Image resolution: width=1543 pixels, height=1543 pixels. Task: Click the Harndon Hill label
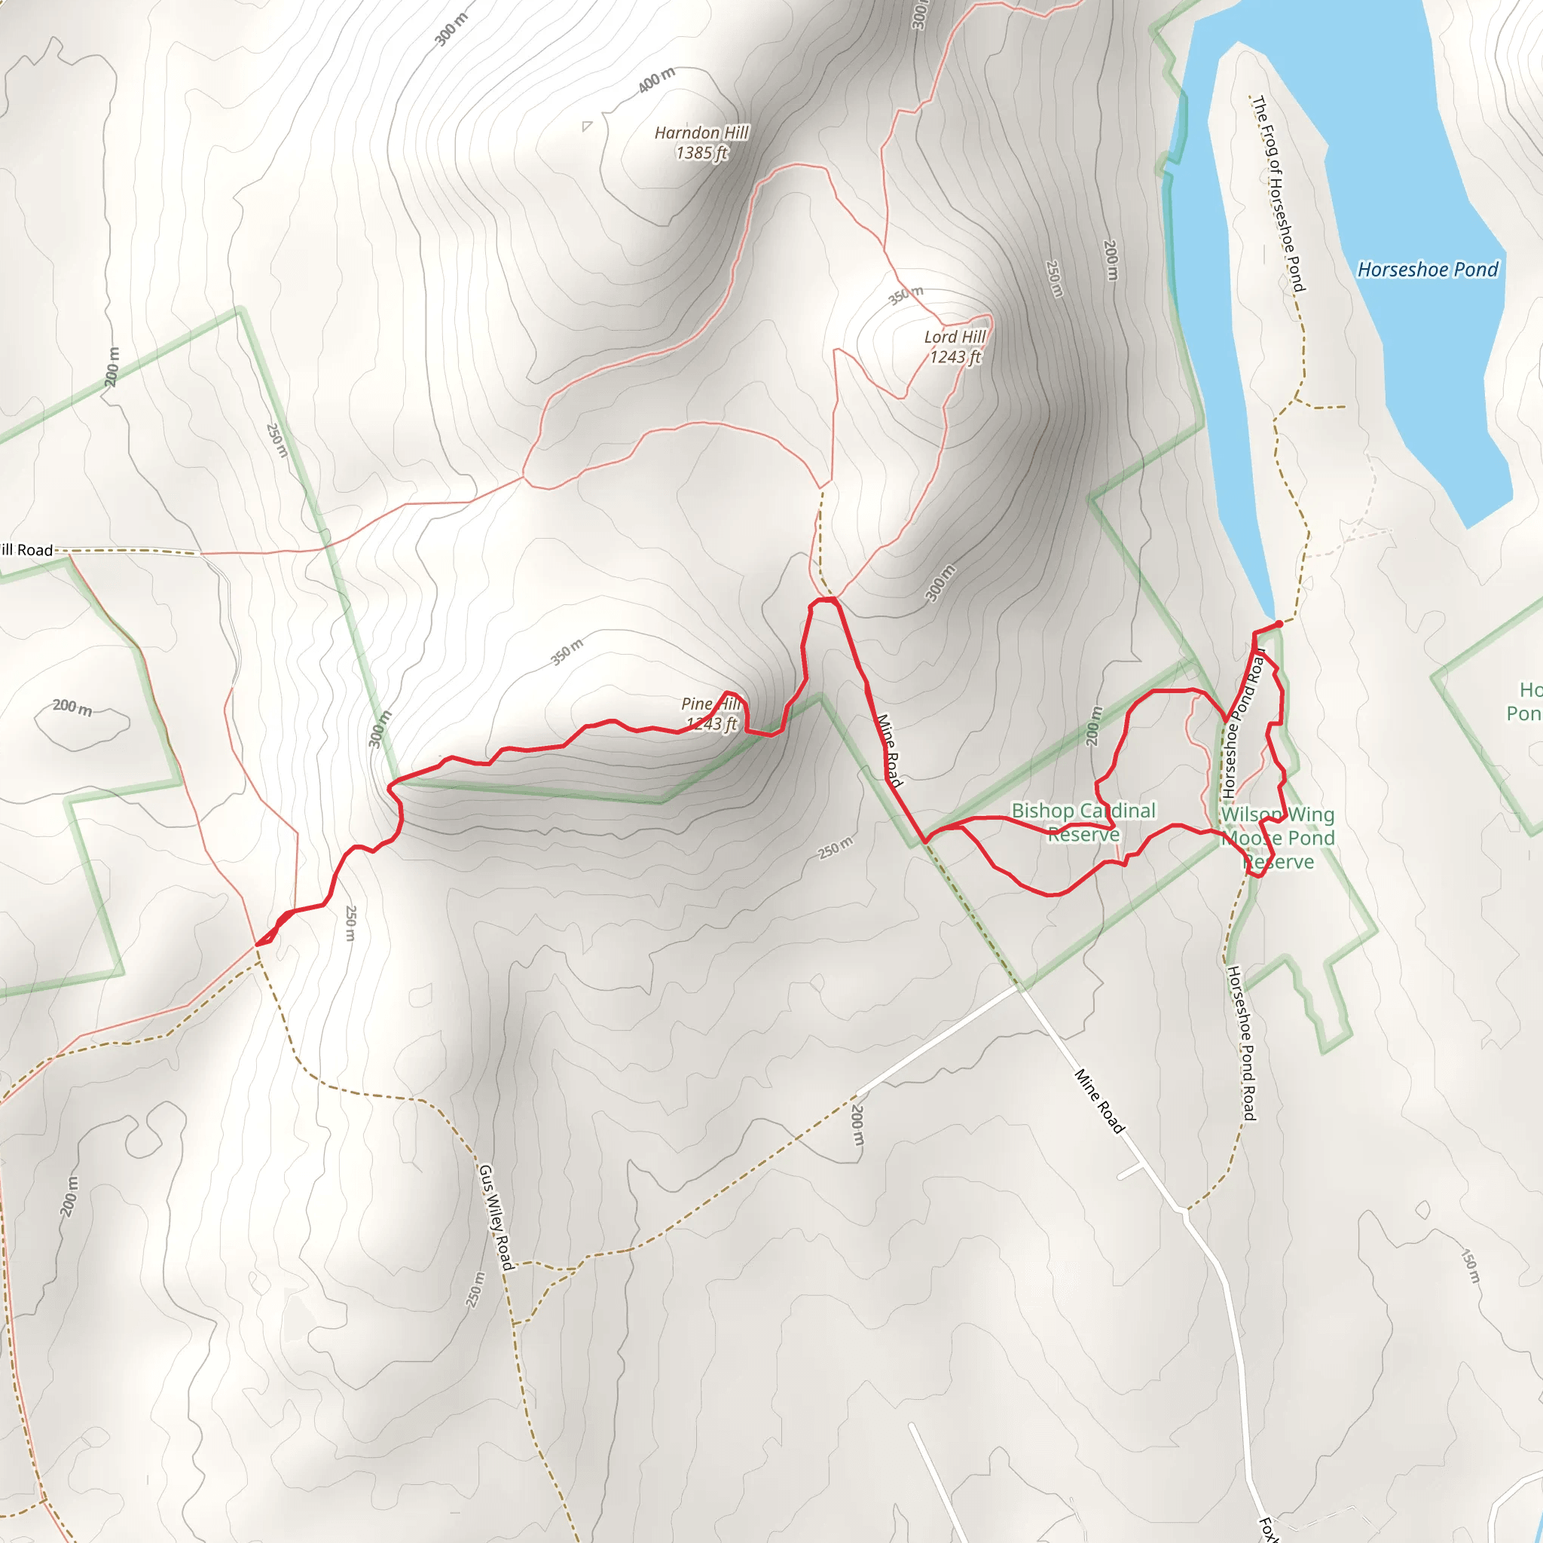tap(701, 133)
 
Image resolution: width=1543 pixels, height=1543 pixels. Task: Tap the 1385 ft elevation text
tap(701, 152)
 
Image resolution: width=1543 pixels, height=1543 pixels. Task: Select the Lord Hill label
tap(955, 337)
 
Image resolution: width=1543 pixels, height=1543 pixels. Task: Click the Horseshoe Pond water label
tap(1427, 270)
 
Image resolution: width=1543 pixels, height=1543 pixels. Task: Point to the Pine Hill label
tap(710, 704)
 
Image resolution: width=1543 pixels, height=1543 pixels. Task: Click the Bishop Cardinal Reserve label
tap(1083, 822)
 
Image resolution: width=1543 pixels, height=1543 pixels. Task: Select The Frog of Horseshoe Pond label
tap(1278, 194)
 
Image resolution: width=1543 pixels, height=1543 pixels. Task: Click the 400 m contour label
tap(656, 80)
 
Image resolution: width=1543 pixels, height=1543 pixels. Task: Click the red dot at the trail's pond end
tap(1279, 624)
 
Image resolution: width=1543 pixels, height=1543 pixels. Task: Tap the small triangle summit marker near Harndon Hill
tap(587, 125)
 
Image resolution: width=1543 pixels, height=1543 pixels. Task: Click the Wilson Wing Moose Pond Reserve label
tap(1277, 838)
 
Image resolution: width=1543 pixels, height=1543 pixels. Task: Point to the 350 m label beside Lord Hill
tap(906, 295)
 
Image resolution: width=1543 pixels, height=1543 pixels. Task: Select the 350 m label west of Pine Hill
tap(567, 652)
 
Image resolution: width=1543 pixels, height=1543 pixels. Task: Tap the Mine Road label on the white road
tap(1099, 1101)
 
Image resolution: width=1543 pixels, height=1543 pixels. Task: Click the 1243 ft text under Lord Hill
tap(955, 357)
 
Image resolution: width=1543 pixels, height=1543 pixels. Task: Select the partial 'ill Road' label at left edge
tap(26, 550)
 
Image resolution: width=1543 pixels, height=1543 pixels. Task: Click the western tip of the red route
tap(257, 945)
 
